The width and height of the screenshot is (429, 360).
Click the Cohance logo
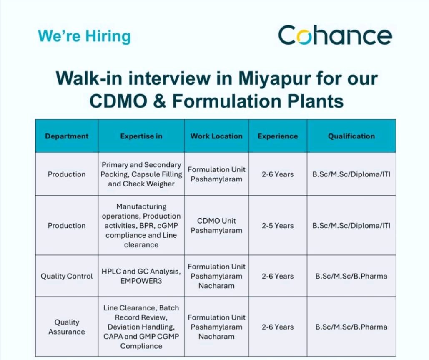[x=335, y=35]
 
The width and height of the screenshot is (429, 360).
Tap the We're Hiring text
[x=84, y=36]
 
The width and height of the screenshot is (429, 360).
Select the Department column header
[x=67, y=136]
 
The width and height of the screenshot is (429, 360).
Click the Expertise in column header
[x=141, y=136]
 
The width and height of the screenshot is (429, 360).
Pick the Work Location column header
[x=216, y=136]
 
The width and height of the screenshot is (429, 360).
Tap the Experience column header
[x=278, y=136]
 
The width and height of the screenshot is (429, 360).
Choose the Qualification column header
[x=351, y=136]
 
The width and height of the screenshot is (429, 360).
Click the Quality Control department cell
[x=67, y=276]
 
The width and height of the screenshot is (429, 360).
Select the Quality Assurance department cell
[x=67, y=327]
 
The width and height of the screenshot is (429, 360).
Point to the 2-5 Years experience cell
[x=278, y=226]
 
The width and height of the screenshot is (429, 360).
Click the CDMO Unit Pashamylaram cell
[x=216, y=226]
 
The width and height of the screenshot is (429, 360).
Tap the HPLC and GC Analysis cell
[x=141, y=276]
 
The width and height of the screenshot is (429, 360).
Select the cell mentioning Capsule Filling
[x=141, y=174]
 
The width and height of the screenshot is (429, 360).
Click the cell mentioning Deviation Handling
[x=141, y=327]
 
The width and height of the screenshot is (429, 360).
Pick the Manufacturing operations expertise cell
[x=141, y=226]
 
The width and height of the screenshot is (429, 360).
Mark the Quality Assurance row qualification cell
[x=351, y=327]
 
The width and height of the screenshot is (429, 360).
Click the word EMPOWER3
[x=141, y=281]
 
